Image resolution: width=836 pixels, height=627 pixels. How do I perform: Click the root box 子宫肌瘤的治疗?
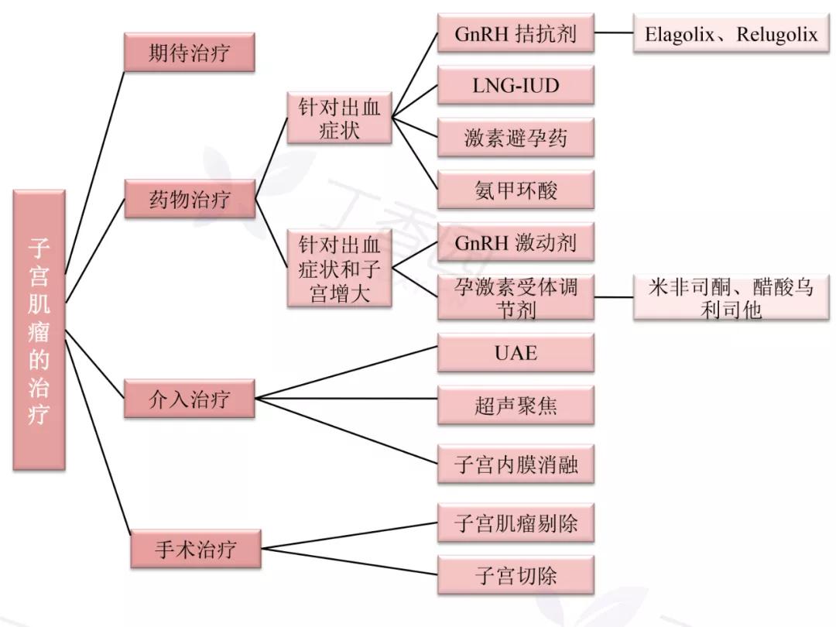coord(39,330)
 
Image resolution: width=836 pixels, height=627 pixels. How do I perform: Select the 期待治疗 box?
coord(190,53)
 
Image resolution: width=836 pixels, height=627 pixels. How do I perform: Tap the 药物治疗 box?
coord(190,199)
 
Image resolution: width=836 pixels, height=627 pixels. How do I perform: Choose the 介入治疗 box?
coord(190,399)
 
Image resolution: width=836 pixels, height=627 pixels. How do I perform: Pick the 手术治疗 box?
coord(195,550)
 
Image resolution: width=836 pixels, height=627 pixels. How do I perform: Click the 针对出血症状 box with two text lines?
coord(339,118)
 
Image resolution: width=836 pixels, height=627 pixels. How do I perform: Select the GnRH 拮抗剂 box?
coord(516,34)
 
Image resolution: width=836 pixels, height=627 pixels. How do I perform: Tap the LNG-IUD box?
coord(516,85)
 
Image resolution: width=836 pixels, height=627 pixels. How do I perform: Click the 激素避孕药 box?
coord(516,138)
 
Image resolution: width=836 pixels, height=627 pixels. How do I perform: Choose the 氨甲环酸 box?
coord(516,190)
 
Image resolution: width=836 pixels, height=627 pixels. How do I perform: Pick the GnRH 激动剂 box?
coord(516,243)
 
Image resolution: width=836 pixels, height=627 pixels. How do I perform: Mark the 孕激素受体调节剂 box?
coord(516,297)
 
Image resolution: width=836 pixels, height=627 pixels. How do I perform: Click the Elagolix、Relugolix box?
coord(731,34)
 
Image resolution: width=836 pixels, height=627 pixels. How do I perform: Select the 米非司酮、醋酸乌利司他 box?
coord(731,297)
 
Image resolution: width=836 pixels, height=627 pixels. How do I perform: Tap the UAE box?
coord(516,353)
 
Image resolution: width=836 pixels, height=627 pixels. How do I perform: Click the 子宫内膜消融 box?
coord(516,465)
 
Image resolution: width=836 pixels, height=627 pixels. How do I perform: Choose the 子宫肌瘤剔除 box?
coord(516,523)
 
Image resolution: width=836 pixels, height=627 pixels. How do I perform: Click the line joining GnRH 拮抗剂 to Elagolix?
coord(614,33)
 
